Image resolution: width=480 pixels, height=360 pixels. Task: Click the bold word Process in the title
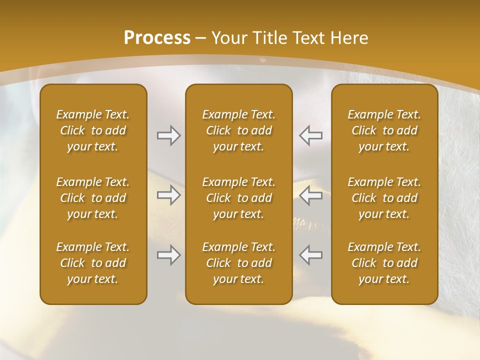tap(157, 38)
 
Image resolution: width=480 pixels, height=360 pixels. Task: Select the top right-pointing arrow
tap(168, 135)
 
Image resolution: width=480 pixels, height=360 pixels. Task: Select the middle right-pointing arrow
tap(168, 195)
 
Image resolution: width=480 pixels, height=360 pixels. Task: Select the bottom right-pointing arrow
tap(168, 255)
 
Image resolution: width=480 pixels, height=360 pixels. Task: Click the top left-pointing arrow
tap(311, 135)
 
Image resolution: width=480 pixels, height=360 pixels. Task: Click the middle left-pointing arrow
tap(311, 195)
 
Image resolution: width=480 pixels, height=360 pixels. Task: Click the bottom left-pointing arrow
tap(311, 255)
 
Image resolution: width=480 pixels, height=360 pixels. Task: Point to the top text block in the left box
tap(93, 130)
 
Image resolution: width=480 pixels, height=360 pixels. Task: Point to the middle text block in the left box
tap(93, 198)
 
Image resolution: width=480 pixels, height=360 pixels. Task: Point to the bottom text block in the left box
tap(93, 263)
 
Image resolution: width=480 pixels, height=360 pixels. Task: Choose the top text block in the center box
tap(238, 130)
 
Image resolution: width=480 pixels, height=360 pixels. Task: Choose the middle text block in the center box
tap(238, 198)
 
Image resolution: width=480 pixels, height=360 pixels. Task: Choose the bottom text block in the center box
tap(238, 263)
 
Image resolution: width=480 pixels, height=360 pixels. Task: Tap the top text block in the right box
tap(384, 130)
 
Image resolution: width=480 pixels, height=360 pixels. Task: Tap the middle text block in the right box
tap(384, 198)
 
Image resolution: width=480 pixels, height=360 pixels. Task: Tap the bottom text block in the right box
tap(384, 263)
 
